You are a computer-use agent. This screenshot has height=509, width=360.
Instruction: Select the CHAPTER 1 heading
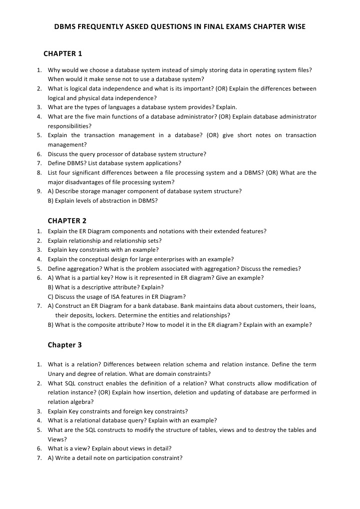[x=63, y=54]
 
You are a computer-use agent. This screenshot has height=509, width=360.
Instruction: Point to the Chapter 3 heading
[x=65, y=345]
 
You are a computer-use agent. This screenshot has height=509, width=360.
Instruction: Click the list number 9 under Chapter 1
[x=39, y=191]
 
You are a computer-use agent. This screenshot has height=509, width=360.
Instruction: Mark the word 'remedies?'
[x=286, y=268]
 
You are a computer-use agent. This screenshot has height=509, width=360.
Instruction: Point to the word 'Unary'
[x=57, y=373]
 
